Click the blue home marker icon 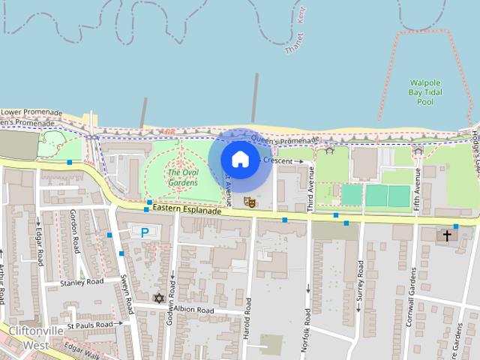pos(240,159)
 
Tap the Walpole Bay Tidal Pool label pos(425,91)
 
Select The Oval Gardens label pos(182,177)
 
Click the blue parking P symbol pos(145,232)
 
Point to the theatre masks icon pos(249,202)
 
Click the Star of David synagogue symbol pos(158,298)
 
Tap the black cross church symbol pos(447,235)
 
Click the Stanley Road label pos(82,283)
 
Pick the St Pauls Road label pos(89,325)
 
